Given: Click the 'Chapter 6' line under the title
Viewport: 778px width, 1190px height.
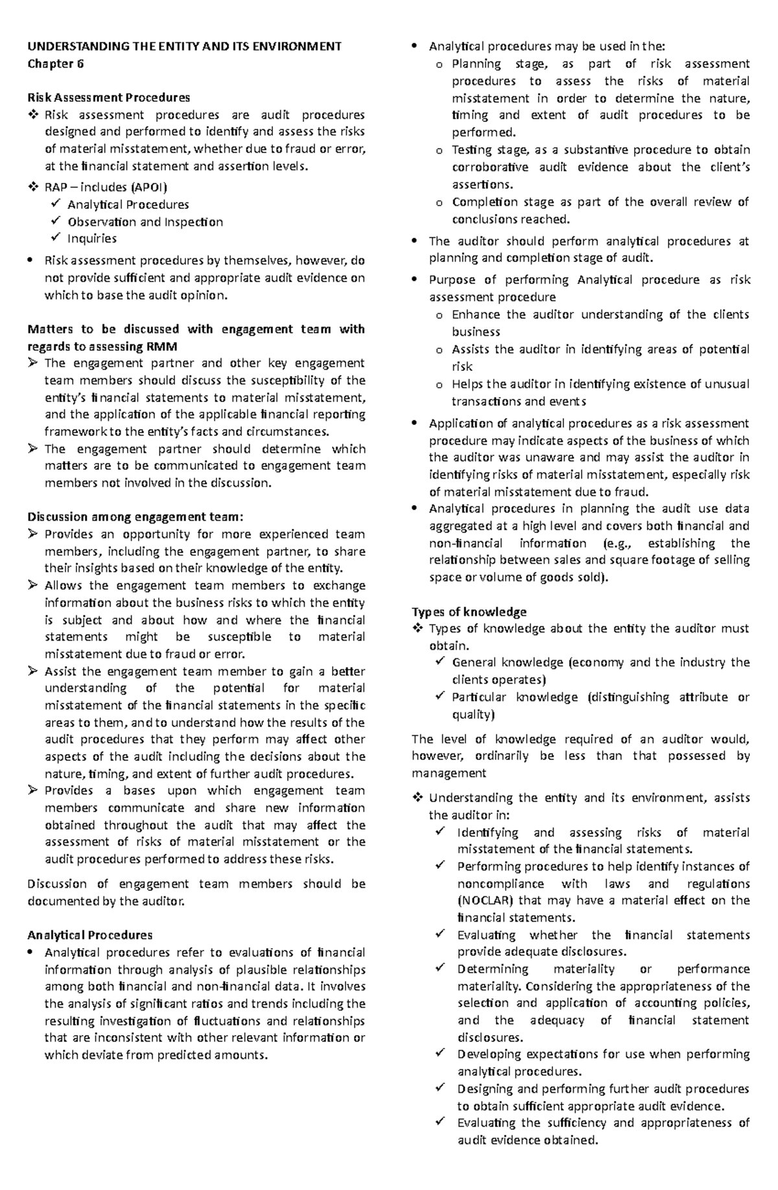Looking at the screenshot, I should point(55,64).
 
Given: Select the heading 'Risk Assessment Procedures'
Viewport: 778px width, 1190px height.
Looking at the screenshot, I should point(108,97).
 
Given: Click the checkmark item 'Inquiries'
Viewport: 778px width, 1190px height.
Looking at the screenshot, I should point(91,239).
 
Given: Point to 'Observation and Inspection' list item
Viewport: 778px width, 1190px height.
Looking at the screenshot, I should point(145,222).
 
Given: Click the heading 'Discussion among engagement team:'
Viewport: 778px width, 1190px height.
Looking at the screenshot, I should point(135,517).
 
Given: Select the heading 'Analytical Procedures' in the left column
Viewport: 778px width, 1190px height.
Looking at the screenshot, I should point(89,935).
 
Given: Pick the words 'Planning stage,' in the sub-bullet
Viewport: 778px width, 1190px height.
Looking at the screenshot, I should point(500,64).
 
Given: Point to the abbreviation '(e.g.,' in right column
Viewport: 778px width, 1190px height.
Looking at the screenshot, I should point(609,543).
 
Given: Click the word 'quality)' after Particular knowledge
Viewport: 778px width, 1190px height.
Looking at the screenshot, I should point(473,715).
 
